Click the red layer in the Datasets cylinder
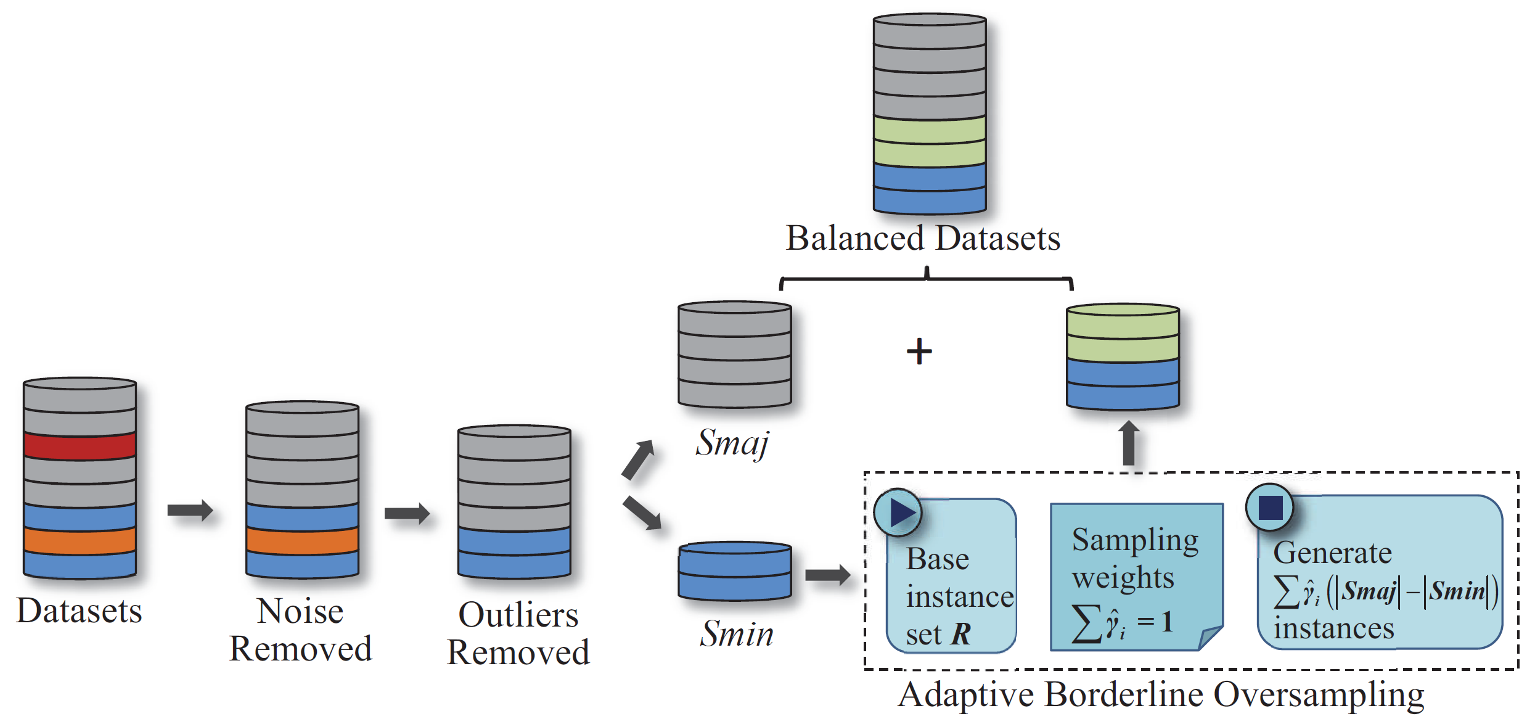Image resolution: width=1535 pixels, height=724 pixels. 80,446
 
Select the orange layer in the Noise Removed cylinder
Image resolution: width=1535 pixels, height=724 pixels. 302,540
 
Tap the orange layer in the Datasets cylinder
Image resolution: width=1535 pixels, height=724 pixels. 80,540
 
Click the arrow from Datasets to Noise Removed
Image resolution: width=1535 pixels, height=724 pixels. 190,510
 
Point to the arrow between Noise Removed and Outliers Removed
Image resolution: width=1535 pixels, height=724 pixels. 407,513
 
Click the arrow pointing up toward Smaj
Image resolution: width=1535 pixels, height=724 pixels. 638,459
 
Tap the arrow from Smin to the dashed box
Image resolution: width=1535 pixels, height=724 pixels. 828,575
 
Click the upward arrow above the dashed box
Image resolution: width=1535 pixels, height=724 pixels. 1129,443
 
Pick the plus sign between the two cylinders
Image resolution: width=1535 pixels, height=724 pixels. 919,352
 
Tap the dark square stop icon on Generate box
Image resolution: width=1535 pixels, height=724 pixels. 1270,508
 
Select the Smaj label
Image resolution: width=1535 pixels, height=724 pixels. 733,443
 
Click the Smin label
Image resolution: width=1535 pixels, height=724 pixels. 737,633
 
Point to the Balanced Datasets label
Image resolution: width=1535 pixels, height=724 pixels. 923,238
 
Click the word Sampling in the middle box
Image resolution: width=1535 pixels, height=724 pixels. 1135,540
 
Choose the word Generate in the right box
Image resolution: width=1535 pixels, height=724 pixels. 1332,553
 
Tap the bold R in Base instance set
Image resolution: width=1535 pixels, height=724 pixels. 961,634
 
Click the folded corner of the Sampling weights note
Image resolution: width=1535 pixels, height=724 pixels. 1210,637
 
